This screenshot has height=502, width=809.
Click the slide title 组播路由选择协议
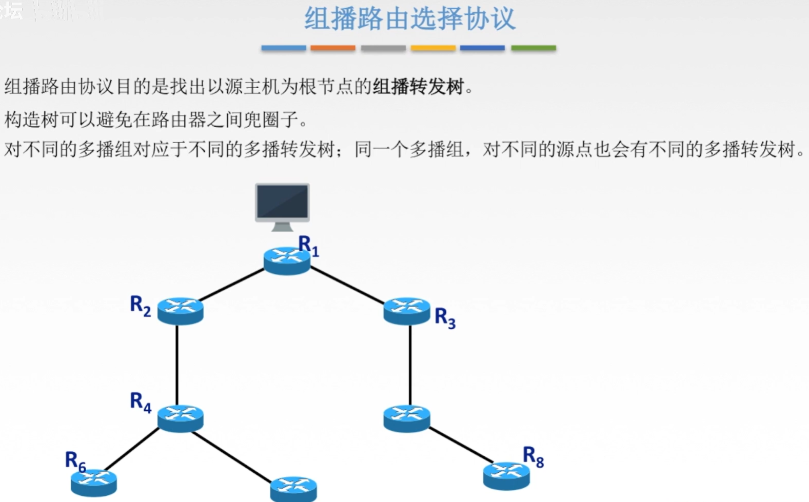[x=409, y=19]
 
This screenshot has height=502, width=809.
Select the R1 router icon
[x=287, y=260]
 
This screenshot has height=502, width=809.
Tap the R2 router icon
[x=180, y=310]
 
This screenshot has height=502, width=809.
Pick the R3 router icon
[x=407, y=310]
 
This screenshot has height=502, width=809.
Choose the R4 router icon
[x=180, y=418]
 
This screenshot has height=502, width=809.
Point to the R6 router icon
[x=94, y=483]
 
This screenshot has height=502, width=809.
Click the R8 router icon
[x=506, y=476]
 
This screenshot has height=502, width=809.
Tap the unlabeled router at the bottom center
[x=293, y=488]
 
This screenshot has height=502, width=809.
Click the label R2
[x=140, y=306]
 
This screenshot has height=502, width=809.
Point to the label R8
[x=533, y=456]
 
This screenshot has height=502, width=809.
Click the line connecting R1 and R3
[x=348, y=285]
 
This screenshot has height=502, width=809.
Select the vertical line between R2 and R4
[x=177, y=364]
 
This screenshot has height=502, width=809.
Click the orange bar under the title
[x=332, y=48]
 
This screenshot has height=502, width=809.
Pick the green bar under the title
[x=533, y=48]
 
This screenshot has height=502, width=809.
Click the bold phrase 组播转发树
[x=418, y=87]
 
